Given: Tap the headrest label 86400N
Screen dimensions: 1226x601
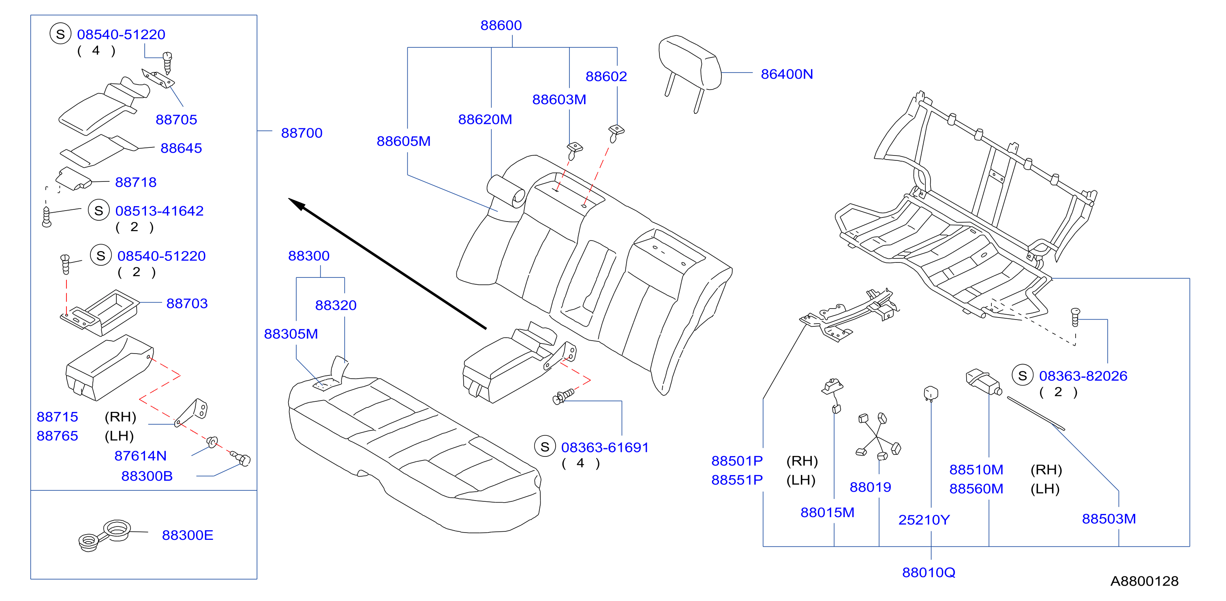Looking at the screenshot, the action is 787,74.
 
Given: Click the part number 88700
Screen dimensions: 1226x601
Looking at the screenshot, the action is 302,133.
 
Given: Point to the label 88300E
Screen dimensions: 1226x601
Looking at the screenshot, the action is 188,535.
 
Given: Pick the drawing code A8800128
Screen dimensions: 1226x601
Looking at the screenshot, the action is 1144,581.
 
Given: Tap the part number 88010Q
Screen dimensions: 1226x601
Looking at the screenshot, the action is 929,573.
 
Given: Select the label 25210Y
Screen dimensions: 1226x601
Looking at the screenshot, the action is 924,520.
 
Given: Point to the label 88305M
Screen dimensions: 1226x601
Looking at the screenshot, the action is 291,334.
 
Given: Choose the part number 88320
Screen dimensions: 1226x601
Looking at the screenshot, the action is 336,305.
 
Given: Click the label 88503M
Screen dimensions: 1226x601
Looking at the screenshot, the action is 1109,519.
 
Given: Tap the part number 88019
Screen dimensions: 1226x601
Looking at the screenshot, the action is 870,487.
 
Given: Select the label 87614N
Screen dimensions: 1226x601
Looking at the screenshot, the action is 140,456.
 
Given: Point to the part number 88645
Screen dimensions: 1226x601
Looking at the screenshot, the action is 181,148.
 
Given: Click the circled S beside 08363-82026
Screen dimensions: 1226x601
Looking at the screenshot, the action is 1022,376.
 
